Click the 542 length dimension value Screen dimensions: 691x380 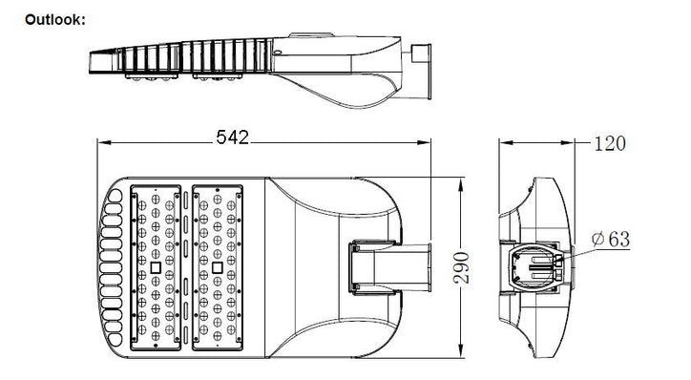coord(232,137)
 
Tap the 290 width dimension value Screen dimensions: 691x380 coord(462,267)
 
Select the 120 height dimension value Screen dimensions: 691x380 coord(610,143)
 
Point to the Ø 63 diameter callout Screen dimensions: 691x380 coord(611,239)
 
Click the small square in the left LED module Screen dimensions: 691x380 coord(156,267)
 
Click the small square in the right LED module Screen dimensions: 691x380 coord(217,267)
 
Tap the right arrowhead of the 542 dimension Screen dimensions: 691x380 coord(424,142)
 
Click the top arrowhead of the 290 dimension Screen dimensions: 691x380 coord(461,184)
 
